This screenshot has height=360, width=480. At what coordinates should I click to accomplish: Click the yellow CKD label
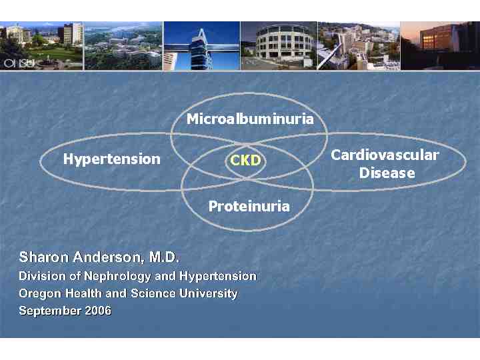click(245, 161)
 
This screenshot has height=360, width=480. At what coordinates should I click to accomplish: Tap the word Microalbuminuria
click(250, 119)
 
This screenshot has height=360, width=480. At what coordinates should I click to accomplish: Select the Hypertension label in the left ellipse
click(111, 159)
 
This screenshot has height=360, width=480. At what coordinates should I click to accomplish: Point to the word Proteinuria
click(249, 206)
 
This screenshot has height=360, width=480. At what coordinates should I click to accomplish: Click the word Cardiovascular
click(385, 155)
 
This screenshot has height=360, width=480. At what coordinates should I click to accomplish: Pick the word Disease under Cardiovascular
click(387, 173)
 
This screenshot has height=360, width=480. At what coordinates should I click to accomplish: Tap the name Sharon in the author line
click(41, 257)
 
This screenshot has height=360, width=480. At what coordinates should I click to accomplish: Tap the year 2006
click(97, 311)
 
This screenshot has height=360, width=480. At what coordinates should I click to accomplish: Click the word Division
click(41, 276)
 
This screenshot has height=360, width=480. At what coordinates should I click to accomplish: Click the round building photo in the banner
click(278, 45)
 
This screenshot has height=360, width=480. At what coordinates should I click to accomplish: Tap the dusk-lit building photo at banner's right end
click(439, 45)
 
